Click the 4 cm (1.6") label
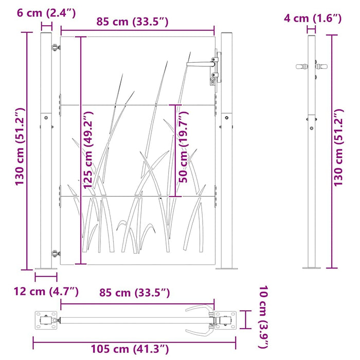(x=313, y=19)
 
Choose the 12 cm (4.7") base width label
(x=47, y=292)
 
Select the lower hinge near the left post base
(x=55, y=253)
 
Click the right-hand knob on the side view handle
(x=322, y=67)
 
